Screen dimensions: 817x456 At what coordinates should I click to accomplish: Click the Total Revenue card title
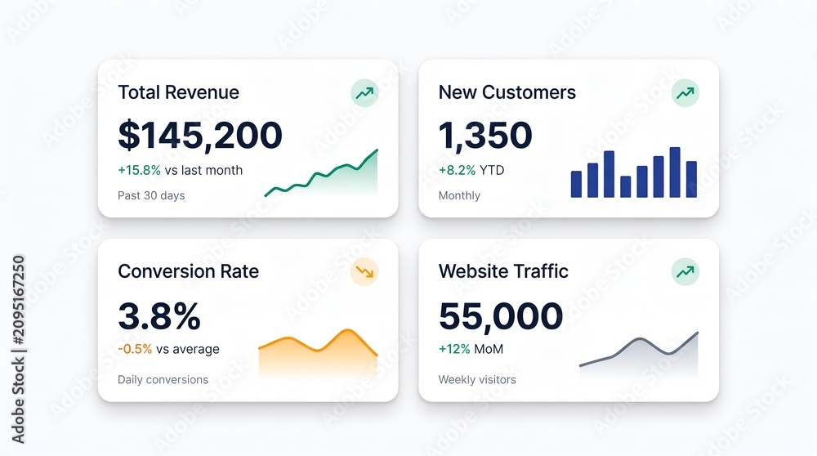(x=178, y=92)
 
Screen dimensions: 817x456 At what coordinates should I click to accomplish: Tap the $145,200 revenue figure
(x=200, y=135)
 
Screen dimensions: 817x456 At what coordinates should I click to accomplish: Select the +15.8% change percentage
(x=139, y=170)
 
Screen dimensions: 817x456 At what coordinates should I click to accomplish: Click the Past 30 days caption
(x=151, y=195)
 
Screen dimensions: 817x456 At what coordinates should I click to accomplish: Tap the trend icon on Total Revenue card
(x=364, y=93)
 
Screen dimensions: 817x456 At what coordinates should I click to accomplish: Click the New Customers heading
(x=507, y=92)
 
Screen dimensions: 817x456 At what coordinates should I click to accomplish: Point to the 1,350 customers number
(x=485, y=135)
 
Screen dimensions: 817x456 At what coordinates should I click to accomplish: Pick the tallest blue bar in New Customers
(x=675, y=172)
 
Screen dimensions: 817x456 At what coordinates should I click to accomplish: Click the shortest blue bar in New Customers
(x=626, y=186)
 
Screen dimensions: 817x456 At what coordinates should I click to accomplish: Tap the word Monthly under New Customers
(x=459, y=195)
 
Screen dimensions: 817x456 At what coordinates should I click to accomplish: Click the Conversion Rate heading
(x=188, y=271)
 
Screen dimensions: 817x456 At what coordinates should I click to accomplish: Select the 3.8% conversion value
(x=159, y=315)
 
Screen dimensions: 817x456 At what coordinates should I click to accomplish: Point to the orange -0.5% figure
(x=135, y=349)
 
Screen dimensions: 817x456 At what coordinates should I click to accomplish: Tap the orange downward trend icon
(x=364, y=271)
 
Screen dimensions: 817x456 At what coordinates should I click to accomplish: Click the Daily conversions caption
(x=163, y=379)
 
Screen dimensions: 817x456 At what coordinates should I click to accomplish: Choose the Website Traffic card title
(x=503, y=271)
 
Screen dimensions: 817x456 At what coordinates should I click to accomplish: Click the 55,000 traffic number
(x=501, y=315)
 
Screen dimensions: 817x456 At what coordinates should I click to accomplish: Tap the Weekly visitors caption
(x=477, y=379)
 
